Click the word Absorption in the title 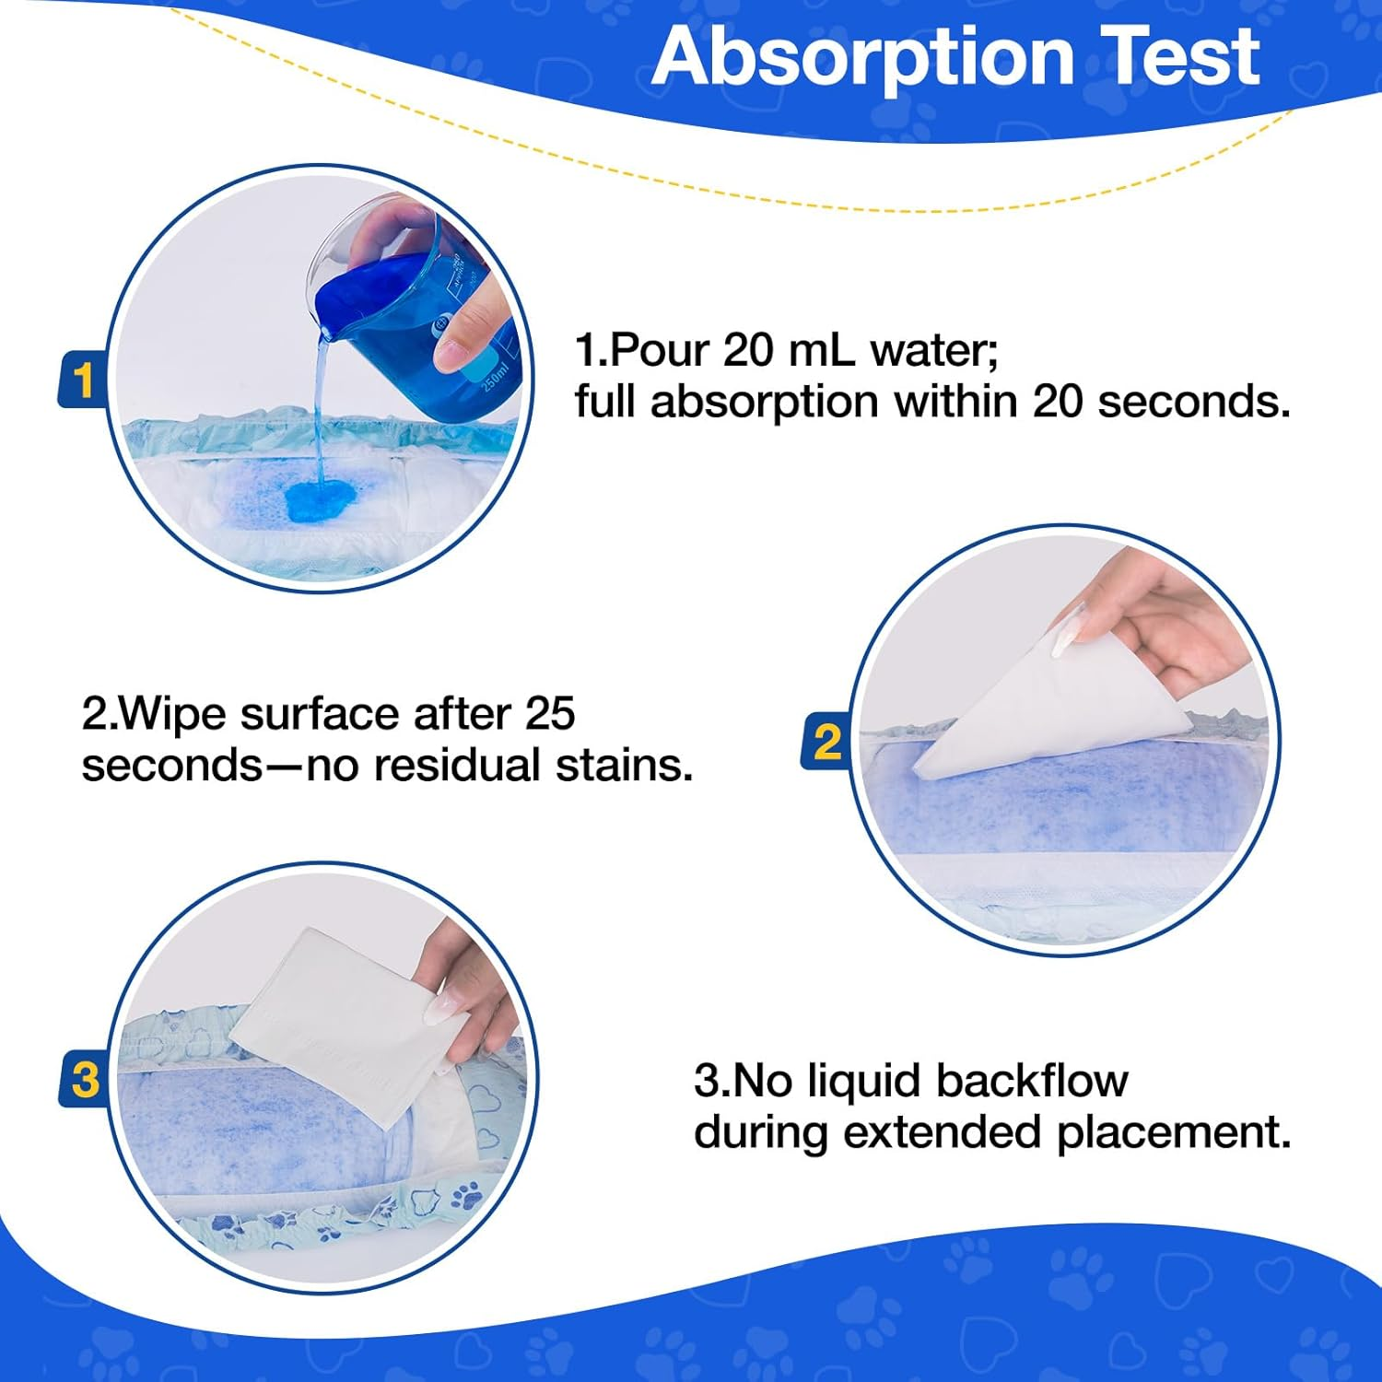(x=862, y=57)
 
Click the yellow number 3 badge (x=85, y=1080)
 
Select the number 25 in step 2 (x=550, y=714)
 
